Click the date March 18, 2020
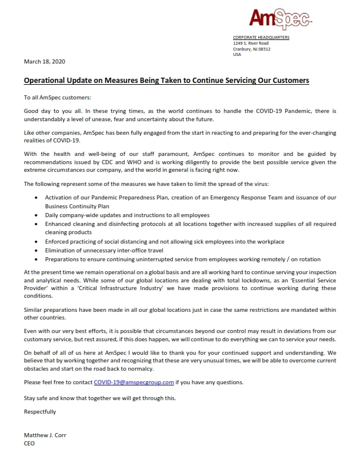[x=44, y=61]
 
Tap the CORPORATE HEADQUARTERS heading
[x=261, y=38]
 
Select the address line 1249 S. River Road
[x=251, y=43]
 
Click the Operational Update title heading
[x=166, y=79]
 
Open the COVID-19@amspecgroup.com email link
[x=134, y=382]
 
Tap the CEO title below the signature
[x=29, y=443]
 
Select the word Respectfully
[x=40, y=411]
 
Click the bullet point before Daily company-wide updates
[x=38, y=215]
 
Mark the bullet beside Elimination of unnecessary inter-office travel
[x=38, y=249]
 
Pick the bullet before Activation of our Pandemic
[x=38, y=198]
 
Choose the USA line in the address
[x=237, y=55]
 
